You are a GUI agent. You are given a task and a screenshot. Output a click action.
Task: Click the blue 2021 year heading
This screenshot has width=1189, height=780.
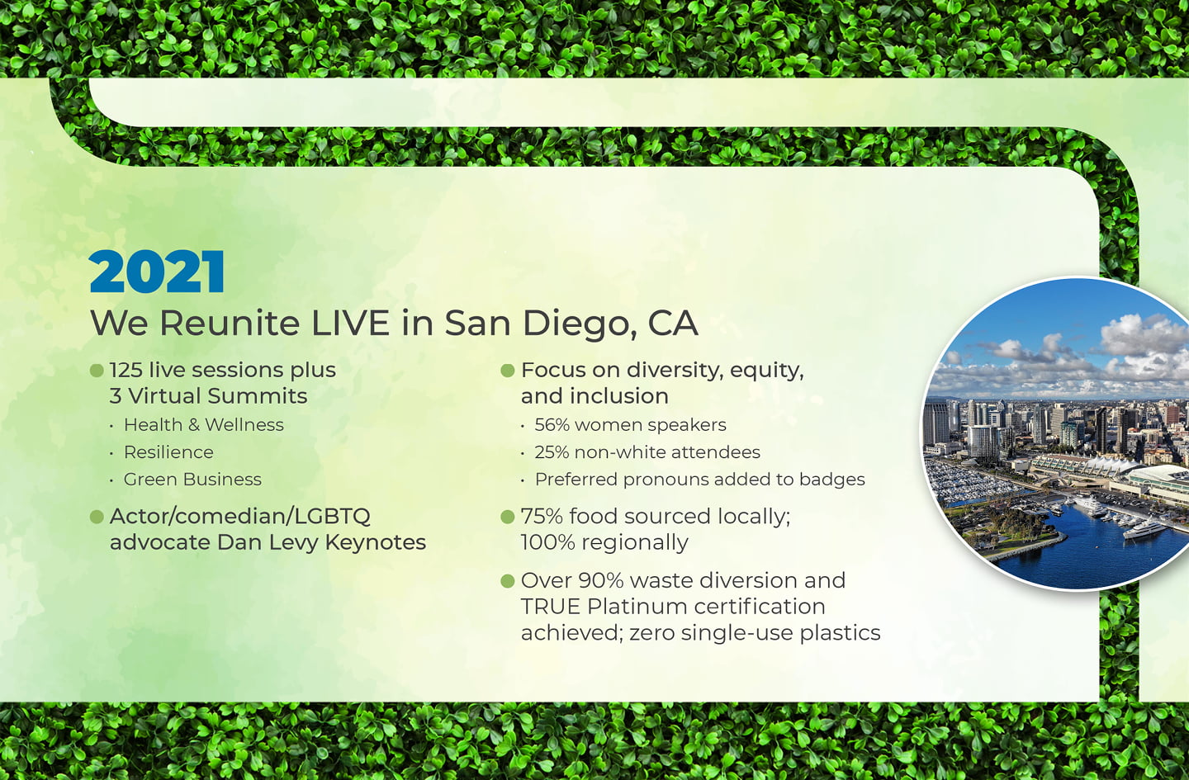pos(157,271)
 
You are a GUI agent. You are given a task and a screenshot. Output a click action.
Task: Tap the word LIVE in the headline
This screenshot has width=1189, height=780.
pos(350,323)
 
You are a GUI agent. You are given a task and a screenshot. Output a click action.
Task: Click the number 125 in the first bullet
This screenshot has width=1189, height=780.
pos(126,370)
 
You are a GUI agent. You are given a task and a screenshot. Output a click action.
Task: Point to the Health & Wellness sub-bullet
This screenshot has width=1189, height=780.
pos(204,424)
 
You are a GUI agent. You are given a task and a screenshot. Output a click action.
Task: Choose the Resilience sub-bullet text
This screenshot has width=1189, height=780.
pos(168,452)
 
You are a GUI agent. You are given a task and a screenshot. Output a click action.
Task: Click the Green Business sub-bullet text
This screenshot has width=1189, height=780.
pos(192,479)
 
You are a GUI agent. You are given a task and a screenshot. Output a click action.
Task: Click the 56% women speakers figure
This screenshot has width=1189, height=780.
pos(630,424)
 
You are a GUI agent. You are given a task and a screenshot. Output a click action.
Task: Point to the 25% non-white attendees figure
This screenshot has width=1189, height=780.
pos(647,452)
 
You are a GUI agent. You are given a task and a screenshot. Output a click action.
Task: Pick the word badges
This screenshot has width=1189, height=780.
pos(832,480)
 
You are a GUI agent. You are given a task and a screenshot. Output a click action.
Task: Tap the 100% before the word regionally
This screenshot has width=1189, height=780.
pos(547,542)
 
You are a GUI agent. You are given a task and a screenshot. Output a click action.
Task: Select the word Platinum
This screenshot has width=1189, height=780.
pos(637,606)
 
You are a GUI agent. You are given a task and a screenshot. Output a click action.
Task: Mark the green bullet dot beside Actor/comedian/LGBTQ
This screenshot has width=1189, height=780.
pos(97,517)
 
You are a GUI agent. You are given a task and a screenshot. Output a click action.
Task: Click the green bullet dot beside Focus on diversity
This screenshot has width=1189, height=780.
pos(508,371)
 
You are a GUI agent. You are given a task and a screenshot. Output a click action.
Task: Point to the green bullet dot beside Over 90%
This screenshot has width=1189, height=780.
pos(508,580)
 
